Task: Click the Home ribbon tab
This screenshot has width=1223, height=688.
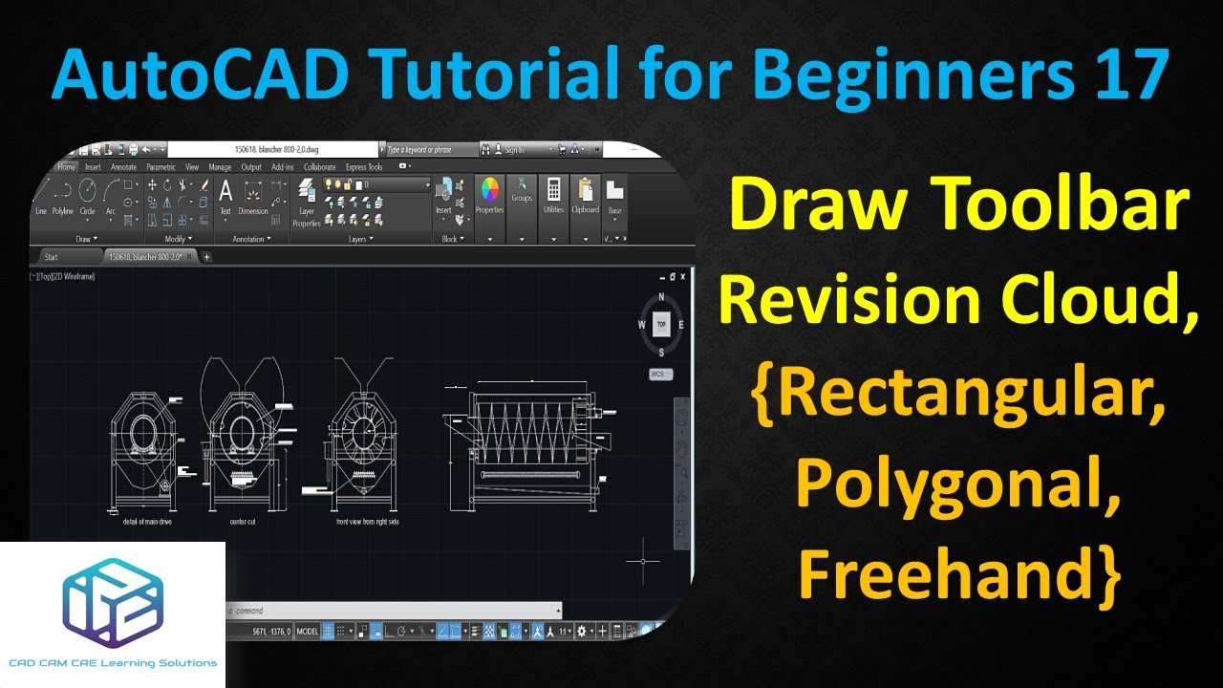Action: (x=66, y=167)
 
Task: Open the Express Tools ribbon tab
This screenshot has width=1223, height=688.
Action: (x=364, y=167)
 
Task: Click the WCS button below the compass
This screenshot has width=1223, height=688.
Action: (x=657, y=374)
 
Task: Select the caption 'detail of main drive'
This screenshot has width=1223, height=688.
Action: (x=140, y=523)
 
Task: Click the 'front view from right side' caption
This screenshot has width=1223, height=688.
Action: (x=368, y=523)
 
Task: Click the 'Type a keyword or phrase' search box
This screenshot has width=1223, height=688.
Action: (x=429, y=150)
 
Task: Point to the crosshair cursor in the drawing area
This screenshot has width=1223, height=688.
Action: (x=644, y=561)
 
